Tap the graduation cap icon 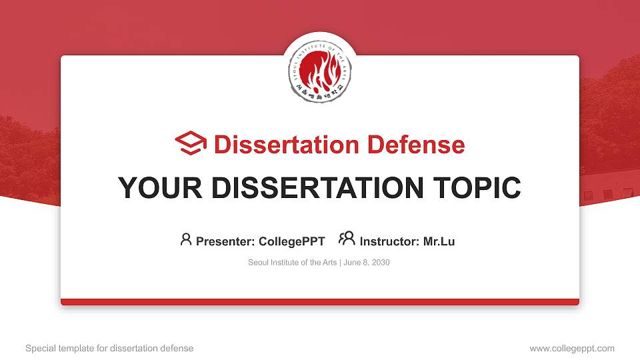pyautogui.click(x=191, y=143)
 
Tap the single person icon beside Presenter pyautogui.click(x=186, y=239)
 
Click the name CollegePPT pyautogui.click(x=291, y=241)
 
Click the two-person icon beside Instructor pyautogui.click(x=347, y=239)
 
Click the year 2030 pyautogui.click(x=381, y=263)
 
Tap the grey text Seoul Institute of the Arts pyautogui.click(x=293, y=263)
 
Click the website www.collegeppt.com pyautogui.click(x=572, y=348)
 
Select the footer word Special pyautogui.click(x=40, y=348)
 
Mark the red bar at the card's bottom pyautogui.click(x=320, y=302)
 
